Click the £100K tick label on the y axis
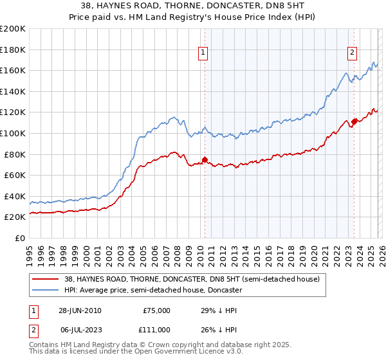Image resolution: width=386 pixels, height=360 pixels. [x=13, y=133]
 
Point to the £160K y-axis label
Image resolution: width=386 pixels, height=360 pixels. [x=13, y=70]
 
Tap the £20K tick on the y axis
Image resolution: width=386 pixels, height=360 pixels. [x=15, y=217]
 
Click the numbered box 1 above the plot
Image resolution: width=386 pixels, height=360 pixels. [x=203, y=53]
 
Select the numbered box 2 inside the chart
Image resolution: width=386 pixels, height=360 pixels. [x=353, y=53]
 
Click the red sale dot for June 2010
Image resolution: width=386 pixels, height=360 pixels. [x=205, y=159]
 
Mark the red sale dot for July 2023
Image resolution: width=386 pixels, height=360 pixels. [x=354, y=122]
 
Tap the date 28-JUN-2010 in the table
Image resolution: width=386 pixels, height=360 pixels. [x=79, y=310]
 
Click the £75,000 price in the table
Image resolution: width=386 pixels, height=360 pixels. [x=156, y=310]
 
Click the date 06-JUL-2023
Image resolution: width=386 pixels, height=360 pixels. [x=79, y=329]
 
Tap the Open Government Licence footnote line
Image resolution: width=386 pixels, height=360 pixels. [x=136, y=352]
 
